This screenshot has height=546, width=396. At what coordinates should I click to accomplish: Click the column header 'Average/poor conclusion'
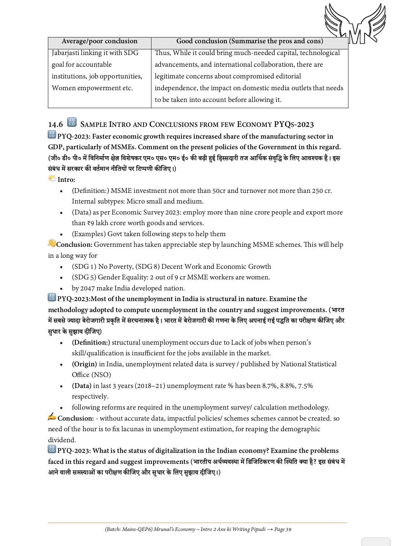(99, 41)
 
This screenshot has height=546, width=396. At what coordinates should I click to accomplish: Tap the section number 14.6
(55, 125)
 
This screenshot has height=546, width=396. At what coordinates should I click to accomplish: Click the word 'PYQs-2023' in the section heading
(294, 125)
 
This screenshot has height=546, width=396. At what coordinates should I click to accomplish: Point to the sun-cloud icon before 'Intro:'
(52, 179)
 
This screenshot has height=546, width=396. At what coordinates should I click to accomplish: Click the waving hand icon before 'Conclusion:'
(52, 243)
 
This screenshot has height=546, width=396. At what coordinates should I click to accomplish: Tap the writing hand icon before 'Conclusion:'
(52, 417)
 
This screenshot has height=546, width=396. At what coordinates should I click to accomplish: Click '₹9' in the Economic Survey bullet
(90, 223)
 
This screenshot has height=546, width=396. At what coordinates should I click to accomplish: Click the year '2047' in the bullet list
(88, 288)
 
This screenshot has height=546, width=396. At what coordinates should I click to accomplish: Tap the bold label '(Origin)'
(84, 364)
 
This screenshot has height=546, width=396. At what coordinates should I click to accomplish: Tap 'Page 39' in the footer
(283, 529)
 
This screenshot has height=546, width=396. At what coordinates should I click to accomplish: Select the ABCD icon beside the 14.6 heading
(72, 122)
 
